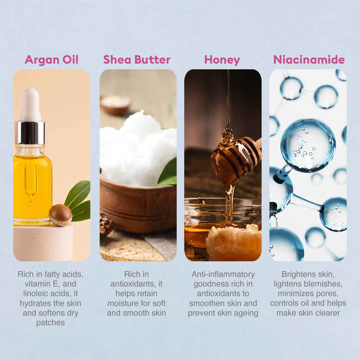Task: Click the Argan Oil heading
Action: (x=52, y=60)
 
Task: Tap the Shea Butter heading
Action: (x=137, y=60)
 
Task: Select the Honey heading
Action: (x=222, y=60)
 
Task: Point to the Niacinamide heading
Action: (x=309, y=60)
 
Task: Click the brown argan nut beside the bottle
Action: (x=60, y=214)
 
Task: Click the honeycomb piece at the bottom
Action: (x=234, y=243)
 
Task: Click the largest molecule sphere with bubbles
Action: (x=308, y=145)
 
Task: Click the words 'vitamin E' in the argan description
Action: (x=42, y=284)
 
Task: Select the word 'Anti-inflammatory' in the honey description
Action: (x=223, y=274)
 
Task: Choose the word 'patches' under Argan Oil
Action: (x=50, y=323)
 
